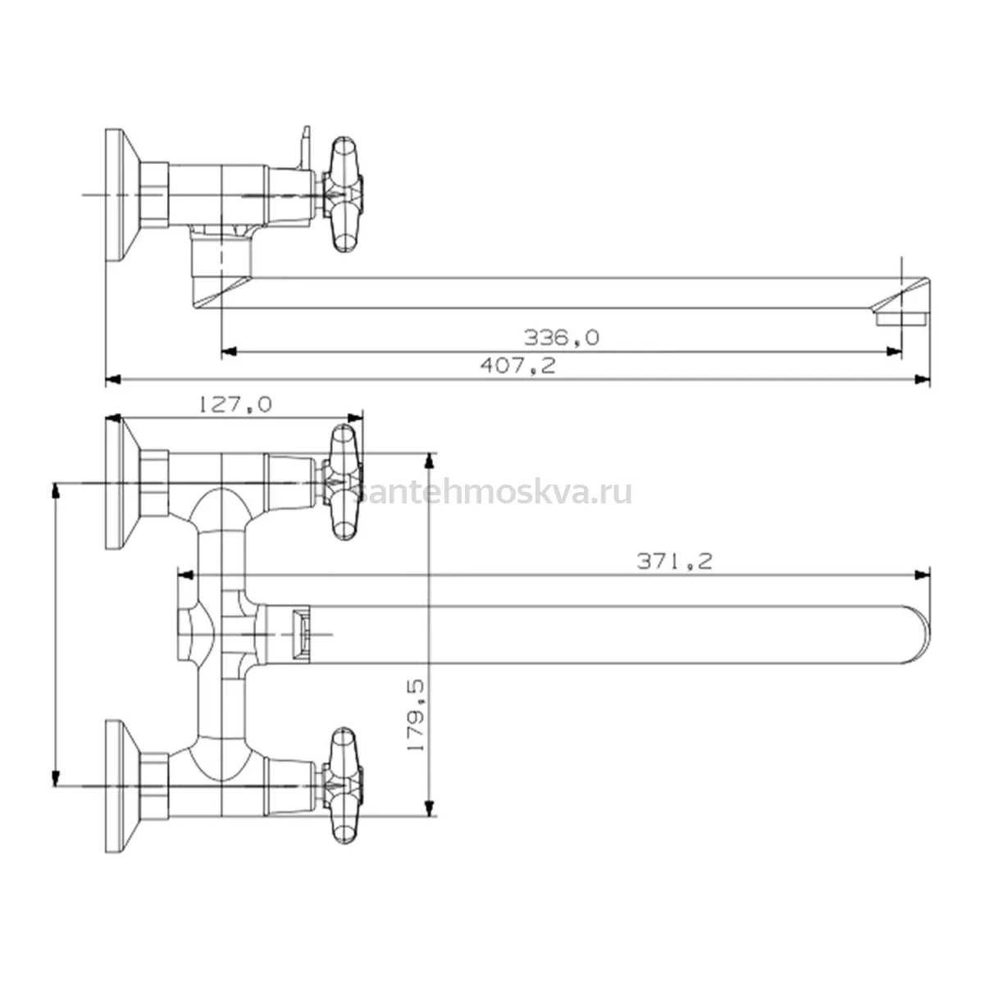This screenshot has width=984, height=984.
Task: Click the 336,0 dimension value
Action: (561, 338)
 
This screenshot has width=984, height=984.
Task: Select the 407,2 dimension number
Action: (517, 366)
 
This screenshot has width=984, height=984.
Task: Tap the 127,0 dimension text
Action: (235, 405)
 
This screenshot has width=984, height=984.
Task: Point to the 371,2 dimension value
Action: (674, 562)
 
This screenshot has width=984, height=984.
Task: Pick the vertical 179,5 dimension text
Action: (417, 714)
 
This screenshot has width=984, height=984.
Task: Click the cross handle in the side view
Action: (343, 194)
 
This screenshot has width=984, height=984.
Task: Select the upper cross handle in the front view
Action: (343, 482)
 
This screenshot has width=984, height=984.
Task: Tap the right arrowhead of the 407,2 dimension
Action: (922, 379)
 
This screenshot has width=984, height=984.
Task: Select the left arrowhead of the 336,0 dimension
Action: (230, 351)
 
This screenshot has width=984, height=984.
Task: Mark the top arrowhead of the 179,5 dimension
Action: (430, 460)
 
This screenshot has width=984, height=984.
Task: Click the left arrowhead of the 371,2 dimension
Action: (185, 575)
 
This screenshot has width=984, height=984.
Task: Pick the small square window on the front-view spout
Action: (301, 635)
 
